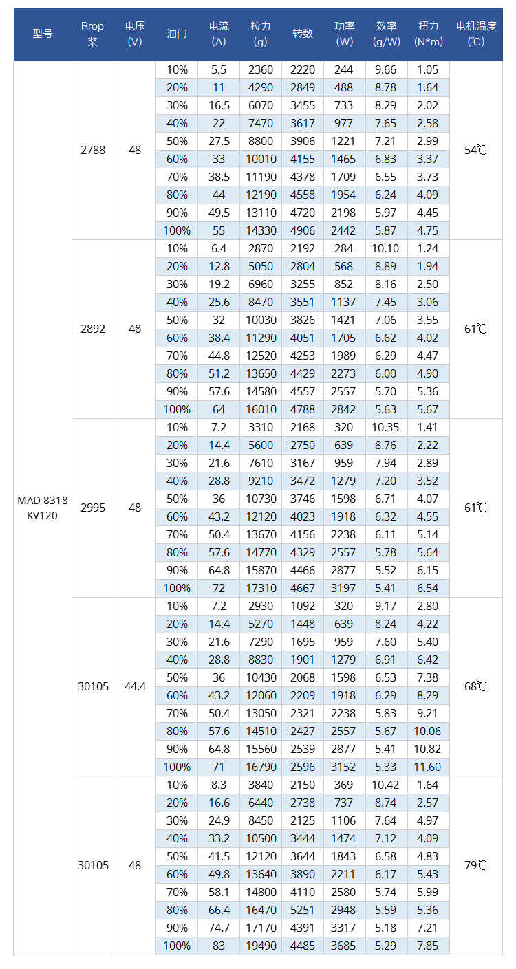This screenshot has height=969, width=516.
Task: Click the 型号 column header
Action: coord(42,34)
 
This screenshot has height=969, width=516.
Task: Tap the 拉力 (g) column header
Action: coord(261,34)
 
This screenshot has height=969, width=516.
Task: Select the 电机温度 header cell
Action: coord(475,34)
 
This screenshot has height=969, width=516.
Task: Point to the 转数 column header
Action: coord(303,34)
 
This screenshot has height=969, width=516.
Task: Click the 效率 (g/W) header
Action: coord(387,34)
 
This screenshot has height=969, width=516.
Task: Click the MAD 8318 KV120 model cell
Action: coord(43,508)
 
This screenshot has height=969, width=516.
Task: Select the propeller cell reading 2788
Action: coord(93,150)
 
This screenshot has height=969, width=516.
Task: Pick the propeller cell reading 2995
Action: coord(93,508)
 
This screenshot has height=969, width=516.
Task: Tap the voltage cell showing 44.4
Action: coord(135,686)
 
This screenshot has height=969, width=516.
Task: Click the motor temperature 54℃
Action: coord(475,150)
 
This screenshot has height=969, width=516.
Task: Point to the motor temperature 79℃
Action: coord(475,865)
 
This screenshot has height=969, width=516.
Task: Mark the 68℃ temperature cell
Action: coord(475,686)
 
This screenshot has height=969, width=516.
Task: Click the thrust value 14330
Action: coord(261,230)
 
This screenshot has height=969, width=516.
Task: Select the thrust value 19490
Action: coord(261,946)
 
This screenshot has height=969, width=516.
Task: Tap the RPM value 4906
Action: coord(303,230)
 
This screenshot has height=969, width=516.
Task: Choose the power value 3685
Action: coord(345,946)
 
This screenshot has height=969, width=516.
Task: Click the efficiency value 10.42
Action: coord(387,785)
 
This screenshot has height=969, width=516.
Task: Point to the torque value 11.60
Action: coord(428,767)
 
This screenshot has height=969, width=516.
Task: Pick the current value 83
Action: coord(219,946)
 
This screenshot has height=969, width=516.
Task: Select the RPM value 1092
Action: coord(303,606)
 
